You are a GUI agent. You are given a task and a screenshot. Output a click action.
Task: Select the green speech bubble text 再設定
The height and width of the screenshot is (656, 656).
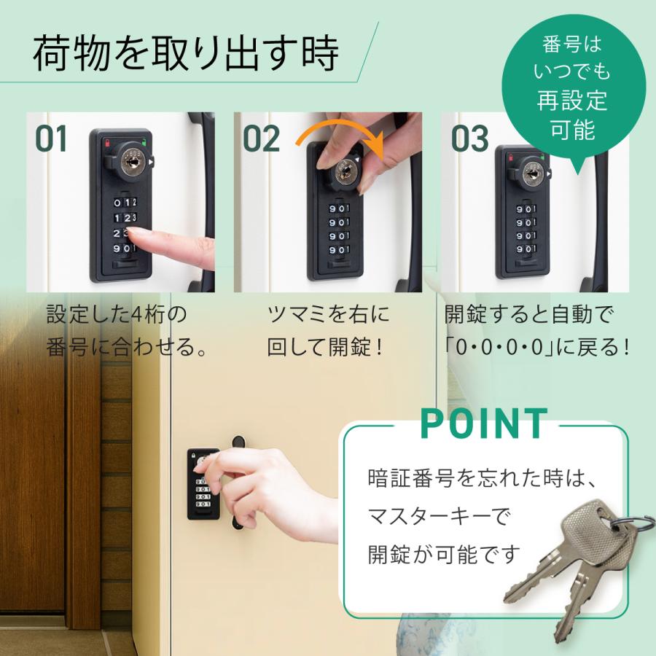pos(572,99)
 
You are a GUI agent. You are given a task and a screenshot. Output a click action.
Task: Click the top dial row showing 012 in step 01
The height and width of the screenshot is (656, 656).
pos(125,202)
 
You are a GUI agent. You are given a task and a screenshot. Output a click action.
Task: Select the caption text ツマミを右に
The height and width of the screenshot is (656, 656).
pos(328,315)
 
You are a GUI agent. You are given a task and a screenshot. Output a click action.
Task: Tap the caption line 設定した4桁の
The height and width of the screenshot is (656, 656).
pos(117,315)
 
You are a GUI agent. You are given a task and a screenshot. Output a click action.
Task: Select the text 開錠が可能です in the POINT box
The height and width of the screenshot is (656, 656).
pos(445,554)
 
